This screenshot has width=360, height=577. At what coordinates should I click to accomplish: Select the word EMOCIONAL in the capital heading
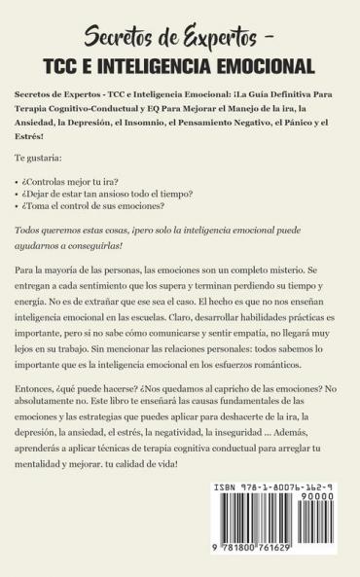point(266,67)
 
